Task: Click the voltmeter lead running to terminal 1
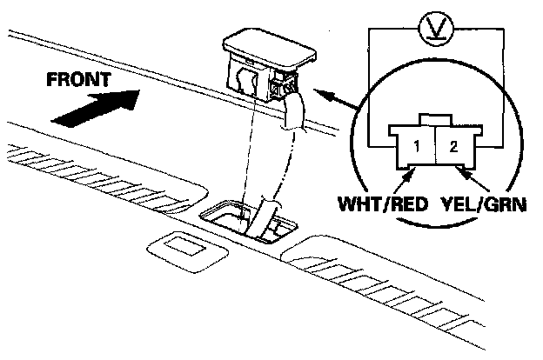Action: (368, 87)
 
